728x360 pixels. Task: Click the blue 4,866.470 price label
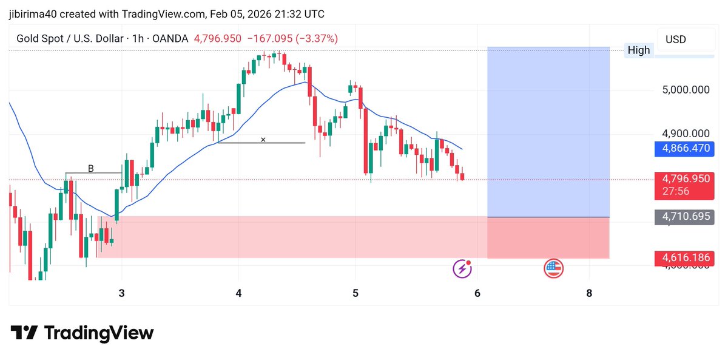point(684,149)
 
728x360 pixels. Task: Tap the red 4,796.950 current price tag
point(684,185)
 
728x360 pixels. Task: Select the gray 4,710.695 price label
point(684,217)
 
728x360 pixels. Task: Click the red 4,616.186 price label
point(684,258)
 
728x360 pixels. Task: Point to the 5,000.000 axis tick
point(686,90)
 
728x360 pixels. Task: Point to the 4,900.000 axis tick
point(686,134)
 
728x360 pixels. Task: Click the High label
point(639,50)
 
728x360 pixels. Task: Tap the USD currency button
point(676,39)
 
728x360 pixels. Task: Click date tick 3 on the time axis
point(121,293)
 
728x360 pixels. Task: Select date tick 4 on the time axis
point(238,293)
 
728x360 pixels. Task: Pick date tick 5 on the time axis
point(356,293)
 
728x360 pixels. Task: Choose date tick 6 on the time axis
point(477,293)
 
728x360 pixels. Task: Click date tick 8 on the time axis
point(589,293)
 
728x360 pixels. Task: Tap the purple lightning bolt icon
point(462,268)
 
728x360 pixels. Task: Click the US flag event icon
point(553,268)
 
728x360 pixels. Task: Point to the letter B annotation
point(91,168)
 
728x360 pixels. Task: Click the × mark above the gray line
point(263,140)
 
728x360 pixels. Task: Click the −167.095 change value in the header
point(270,39)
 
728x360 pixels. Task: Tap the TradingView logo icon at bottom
point(24,332)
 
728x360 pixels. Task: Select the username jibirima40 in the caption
point(33,15)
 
